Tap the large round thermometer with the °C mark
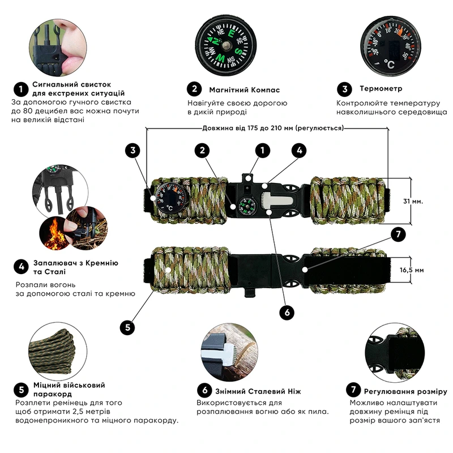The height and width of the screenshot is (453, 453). pyautogui.click(x=390, y=46)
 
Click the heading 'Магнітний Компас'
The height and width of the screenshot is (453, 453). pyautogui.click(x=244, y=89)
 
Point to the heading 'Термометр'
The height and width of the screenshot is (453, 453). pyautogui.click(x=381, y=89)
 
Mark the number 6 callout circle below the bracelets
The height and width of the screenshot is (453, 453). pyautogui.click(x=287, y=312)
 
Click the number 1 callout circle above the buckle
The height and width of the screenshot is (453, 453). pyautogui.click(x=262, y=150)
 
